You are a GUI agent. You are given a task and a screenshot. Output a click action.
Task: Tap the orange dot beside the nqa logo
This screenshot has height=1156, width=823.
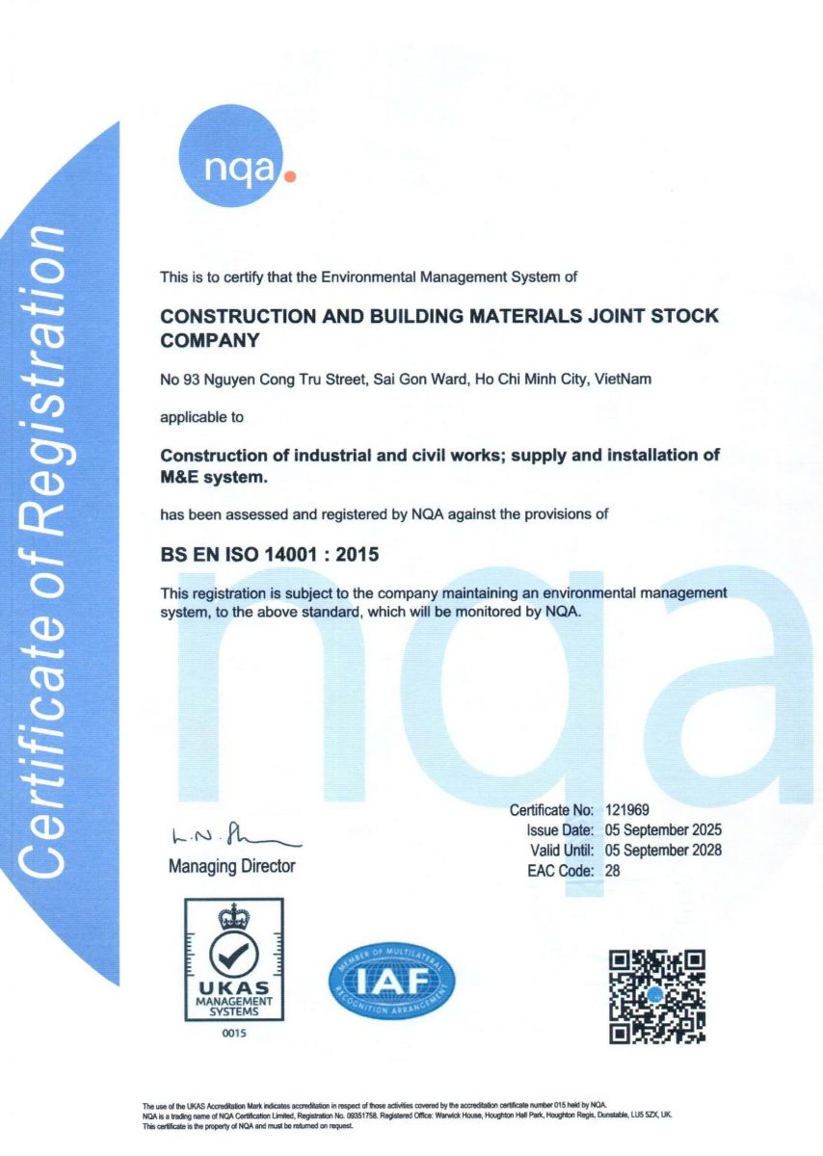tap(292, 176)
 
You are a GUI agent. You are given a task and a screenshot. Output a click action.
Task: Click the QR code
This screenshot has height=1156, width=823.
tap(657, 996)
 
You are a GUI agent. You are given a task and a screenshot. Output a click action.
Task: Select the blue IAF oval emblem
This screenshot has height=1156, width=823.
tap(392, 983)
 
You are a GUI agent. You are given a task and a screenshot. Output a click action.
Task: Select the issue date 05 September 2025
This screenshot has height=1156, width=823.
tap(663, 829)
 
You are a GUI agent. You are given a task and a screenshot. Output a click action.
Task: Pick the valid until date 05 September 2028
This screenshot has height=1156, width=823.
tap(663, 850)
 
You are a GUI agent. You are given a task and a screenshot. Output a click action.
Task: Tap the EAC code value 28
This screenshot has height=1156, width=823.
tap(613, 870)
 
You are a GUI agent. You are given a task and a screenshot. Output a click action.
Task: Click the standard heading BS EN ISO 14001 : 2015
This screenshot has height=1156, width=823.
tap(270, 555)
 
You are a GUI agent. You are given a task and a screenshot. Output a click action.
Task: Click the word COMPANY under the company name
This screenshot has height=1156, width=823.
tap(210, 340)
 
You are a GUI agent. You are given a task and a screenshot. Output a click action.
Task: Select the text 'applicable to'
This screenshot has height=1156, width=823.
tap(201, 418)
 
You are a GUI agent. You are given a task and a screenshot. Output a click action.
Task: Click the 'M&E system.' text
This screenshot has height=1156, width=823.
tap(213, 476)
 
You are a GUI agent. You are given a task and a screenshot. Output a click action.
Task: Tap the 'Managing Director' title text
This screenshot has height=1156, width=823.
tap(231, 866)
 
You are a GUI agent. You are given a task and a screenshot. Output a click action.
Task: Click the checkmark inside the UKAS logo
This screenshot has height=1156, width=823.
tap(234, 954)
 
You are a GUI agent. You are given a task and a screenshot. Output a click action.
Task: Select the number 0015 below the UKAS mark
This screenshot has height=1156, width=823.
tap(234, 1034)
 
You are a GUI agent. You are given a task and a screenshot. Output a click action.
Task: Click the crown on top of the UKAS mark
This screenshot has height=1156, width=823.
tap(234, 916)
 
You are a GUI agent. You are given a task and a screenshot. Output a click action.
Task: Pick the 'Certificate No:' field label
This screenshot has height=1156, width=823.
tap(551, 809)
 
